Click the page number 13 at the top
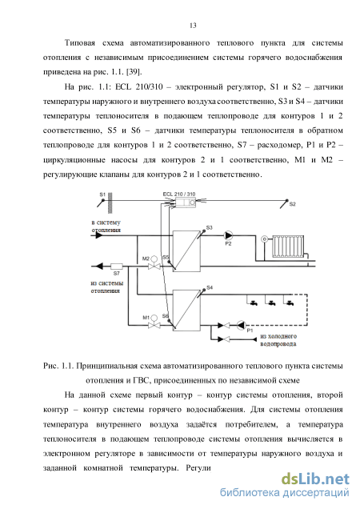click(x=193, y=26)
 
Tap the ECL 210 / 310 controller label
click(x=179, y=194)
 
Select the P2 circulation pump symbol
click(x=229, y=235)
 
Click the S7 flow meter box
click(x=117, y=267)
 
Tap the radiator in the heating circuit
click(x=288, y=246)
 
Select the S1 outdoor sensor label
click(x=102, y=194)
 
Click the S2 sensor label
click(x=293, y=204)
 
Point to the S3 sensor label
click(x=210, y=227)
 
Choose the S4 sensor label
click(x=210, y=287)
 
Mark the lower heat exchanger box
click(x=186, y=311)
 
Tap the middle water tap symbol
click(x=270, y=303)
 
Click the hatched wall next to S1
click(x=110, y=203)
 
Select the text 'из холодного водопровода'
click(x=278, y=340)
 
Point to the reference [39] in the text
click(x=134, y=72)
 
